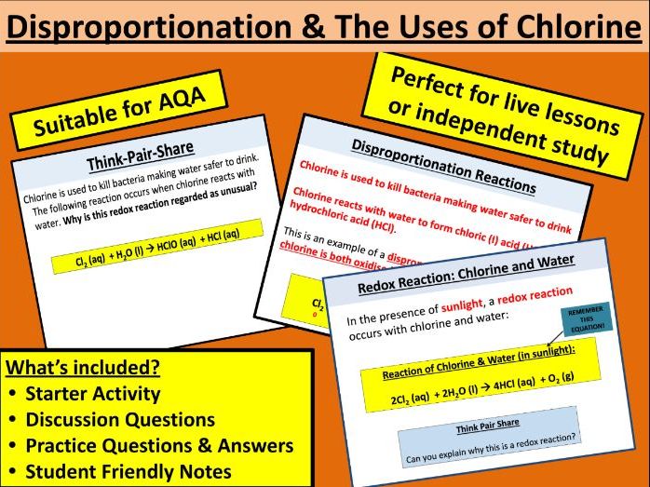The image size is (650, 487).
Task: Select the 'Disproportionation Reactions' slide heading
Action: click(441, 167)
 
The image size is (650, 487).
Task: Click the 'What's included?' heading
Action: click(81, 367)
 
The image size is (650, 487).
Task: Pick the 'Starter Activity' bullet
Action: click(92, 393)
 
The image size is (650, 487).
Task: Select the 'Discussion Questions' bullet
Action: click(119, 419)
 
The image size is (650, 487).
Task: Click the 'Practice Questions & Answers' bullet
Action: click(158, 445)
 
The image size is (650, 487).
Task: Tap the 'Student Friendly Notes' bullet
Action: click(128, 471)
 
